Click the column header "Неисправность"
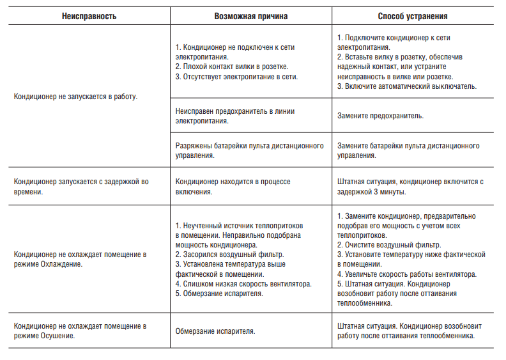click(89, 16)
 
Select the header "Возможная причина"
click(251, 16)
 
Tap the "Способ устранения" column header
click(412, 16)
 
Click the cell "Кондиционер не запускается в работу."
click(77, 97)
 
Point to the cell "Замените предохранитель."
click(380, 116)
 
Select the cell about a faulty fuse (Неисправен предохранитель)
click(234, 116)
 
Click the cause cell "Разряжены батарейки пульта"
click(249, 150)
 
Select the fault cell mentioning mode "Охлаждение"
click(80, 259)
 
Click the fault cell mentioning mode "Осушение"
click(80, 330)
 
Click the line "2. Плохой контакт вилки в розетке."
click(231, 67)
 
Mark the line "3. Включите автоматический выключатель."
click(406, 86)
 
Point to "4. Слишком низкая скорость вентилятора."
click(243, 284)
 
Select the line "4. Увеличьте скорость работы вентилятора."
click(406, 274)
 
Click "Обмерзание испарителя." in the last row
click(215, 331)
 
